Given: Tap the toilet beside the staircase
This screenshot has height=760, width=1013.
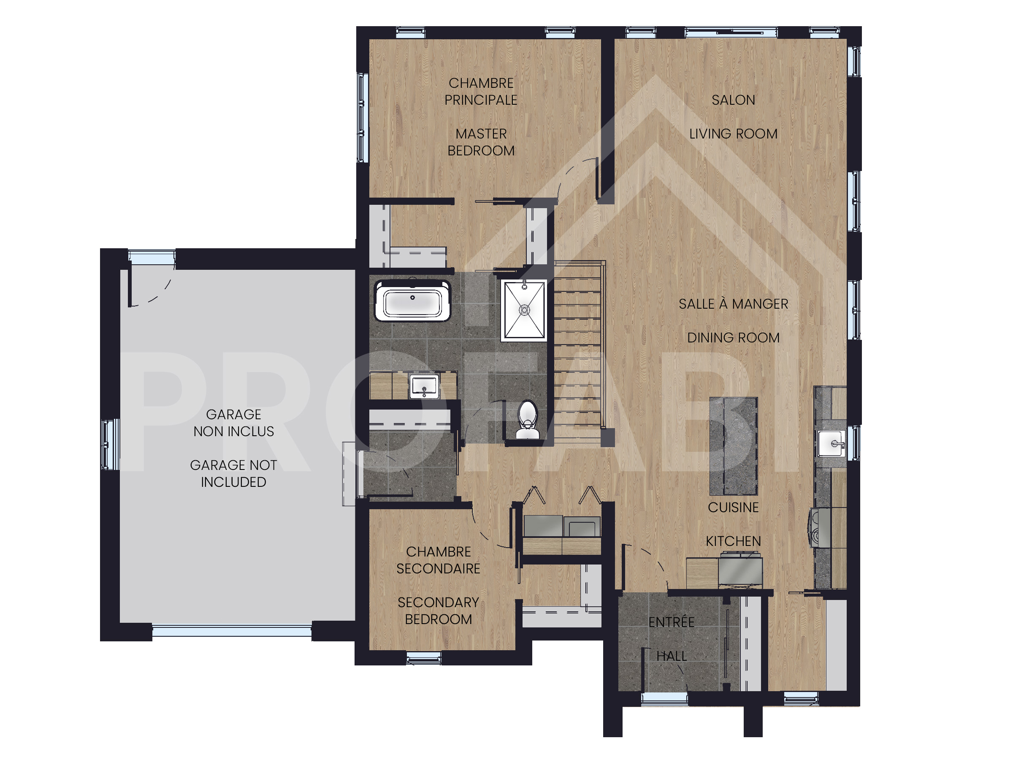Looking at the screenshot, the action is pyautogui.click(x=527, y=420).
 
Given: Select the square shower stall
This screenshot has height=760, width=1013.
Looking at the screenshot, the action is pyautogui.click(x=524, y=310).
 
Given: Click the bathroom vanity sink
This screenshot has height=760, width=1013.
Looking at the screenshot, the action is pyautogui.click(x=424, y=386).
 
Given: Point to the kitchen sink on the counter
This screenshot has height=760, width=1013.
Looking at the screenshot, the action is pyautogui.click(x=831, y=443).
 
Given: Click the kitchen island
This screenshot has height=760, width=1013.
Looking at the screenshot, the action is pyautogui.click(x=734, y=446).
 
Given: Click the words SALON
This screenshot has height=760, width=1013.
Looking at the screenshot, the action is pyautogui.click(x=733, y=100).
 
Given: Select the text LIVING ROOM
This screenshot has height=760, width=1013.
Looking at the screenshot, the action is pyautogui.click(x=733, y=134).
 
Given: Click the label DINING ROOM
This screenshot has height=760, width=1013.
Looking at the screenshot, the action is pyautogui.click(x=733, y=338).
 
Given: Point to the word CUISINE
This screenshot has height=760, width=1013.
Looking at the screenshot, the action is pyautogui.click(x=733, y=507).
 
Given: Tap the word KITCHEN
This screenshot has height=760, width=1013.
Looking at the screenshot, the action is pyautogui.click(x=733, y=541).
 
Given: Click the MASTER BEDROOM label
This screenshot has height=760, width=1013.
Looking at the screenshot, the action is pyautogui.click(x=481, y=142).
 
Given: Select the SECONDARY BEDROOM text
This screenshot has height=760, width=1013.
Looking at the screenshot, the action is pyautogui.click(x=438, y=611).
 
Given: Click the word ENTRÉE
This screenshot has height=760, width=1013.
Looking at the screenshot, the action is pyautogui.click(x=672, y=622).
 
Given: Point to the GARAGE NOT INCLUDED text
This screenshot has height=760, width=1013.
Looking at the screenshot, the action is pyautogui.click(x=233, y=474).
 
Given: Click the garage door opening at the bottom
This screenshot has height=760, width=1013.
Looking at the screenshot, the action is pyautogui.click(x=232, y=631).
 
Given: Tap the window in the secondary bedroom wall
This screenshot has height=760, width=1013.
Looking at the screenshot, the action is pyautogui.click(x=424, y=658).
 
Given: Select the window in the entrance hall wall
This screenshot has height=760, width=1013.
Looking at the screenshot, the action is pyautogui.click(x=664, y=698).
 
